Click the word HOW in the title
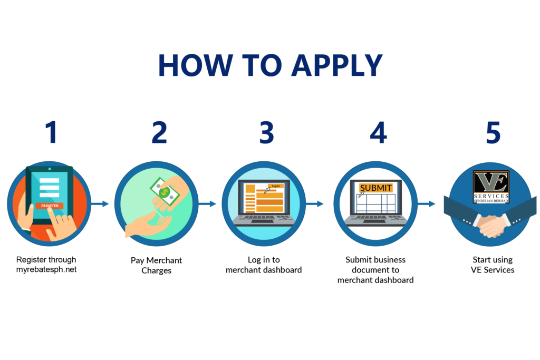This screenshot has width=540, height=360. (x=195, y=65)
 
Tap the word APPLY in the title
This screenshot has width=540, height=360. (x=337, y=65)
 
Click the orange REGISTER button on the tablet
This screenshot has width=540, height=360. (x=50, y=206)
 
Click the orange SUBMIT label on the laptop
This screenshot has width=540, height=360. (x=375, y=188)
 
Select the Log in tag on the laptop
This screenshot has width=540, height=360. (x=275, y=186)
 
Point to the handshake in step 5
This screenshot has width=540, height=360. (x=490, y=224)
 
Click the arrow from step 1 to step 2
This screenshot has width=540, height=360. (x=101, y=203)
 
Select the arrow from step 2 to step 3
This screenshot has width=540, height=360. (x=209, y=203)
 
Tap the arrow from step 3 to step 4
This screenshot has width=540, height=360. (x=316, y=203)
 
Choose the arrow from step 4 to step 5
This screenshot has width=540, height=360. (x=428, y=203)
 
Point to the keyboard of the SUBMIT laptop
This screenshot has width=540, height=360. (x=375, y=218)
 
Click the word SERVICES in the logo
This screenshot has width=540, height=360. (x=490, y=196)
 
